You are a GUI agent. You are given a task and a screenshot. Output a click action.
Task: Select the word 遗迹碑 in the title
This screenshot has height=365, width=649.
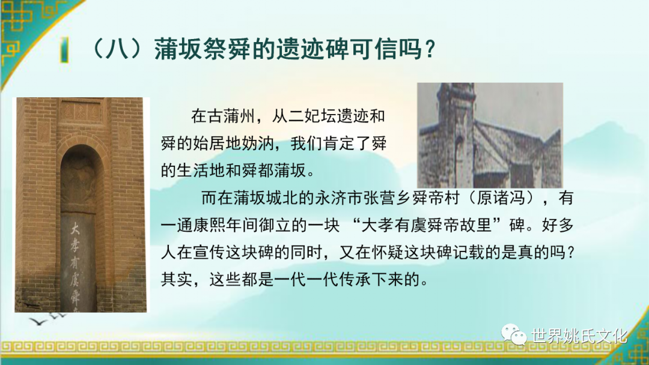(313, 50)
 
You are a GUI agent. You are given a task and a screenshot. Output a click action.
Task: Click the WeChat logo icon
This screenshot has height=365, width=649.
(514, 334)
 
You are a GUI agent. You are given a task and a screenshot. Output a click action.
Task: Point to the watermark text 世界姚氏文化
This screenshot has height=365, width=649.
(579, 336)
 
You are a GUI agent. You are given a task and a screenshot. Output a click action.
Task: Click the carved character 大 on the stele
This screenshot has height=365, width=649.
(75, 228)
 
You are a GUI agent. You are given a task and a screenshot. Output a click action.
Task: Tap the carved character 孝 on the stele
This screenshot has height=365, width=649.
(75, 246)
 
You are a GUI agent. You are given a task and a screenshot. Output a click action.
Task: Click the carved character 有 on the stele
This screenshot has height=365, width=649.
(75, 264)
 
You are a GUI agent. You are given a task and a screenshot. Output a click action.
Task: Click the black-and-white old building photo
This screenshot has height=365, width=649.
(490, 135)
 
